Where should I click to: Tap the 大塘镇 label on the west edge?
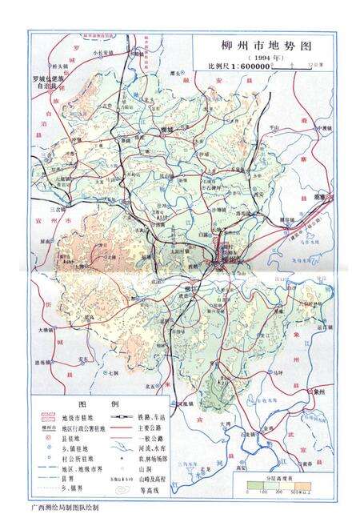(x=41, y=329)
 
